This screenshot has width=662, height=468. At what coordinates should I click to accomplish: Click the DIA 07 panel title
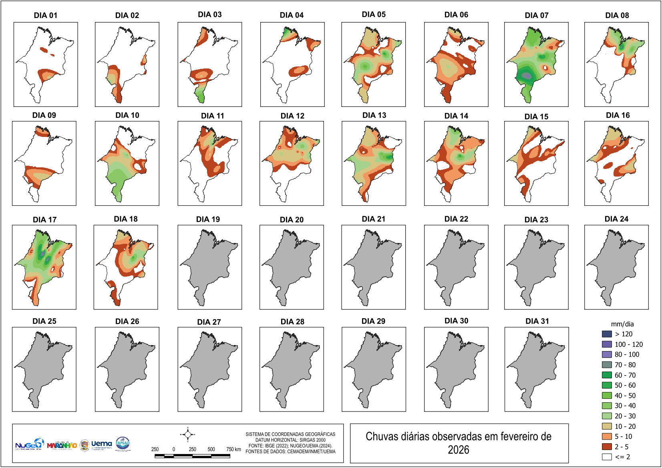pyautogui.click(x=536, y=15)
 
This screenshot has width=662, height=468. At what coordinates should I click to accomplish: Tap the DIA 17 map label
pyautogui.click(x=44, y=220)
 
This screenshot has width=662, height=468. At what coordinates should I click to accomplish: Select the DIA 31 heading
pyautogui.click(x=537, y=321)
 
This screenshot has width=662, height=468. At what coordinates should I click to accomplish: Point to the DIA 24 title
pyautogui.click(x=616, y=219)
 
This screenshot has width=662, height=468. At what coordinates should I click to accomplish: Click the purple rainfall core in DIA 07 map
pyautogui.click(x=527, y=75)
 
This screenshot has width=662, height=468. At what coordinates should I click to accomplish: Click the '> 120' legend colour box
pyautogui.click(x=607, y=334)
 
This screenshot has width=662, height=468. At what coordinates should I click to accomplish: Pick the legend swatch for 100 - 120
pyautogui.click(x=607, y=344)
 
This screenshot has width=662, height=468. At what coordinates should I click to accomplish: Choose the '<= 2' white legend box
pyautogui.click(x=607, y=457)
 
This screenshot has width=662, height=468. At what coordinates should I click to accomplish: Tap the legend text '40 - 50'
pyautogui.click(x=625, y=396)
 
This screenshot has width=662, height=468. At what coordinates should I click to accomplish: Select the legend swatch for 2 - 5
pyautogui.click(x=607, y=447)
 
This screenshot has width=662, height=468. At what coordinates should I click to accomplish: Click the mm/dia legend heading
pyautogui.click(x=622, y=324)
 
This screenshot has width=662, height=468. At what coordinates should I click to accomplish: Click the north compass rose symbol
pyautogui.click(x=187, y=434)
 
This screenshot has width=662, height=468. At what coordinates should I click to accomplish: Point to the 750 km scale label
pyautogui.click(x=233, y=449)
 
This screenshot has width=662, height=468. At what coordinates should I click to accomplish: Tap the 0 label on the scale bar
pyautogui.click(x=174, y=449)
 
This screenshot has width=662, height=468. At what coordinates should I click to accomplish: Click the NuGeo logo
pyautogui.click(x=29, y=444)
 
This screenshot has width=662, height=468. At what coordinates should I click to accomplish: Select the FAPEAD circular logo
pyautogui.click(x=123, y=444)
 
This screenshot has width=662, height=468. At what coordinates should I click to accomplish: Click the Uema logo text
pyautogui.click(x=102, y=444)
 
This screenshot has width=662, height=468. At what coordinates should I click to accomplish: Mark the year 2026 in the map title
pyautogui.click(x=458, y=450)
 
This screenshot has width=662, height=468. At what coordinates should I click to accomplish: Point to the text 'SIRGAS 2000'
pyautogui.click(x=312, y=440)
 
